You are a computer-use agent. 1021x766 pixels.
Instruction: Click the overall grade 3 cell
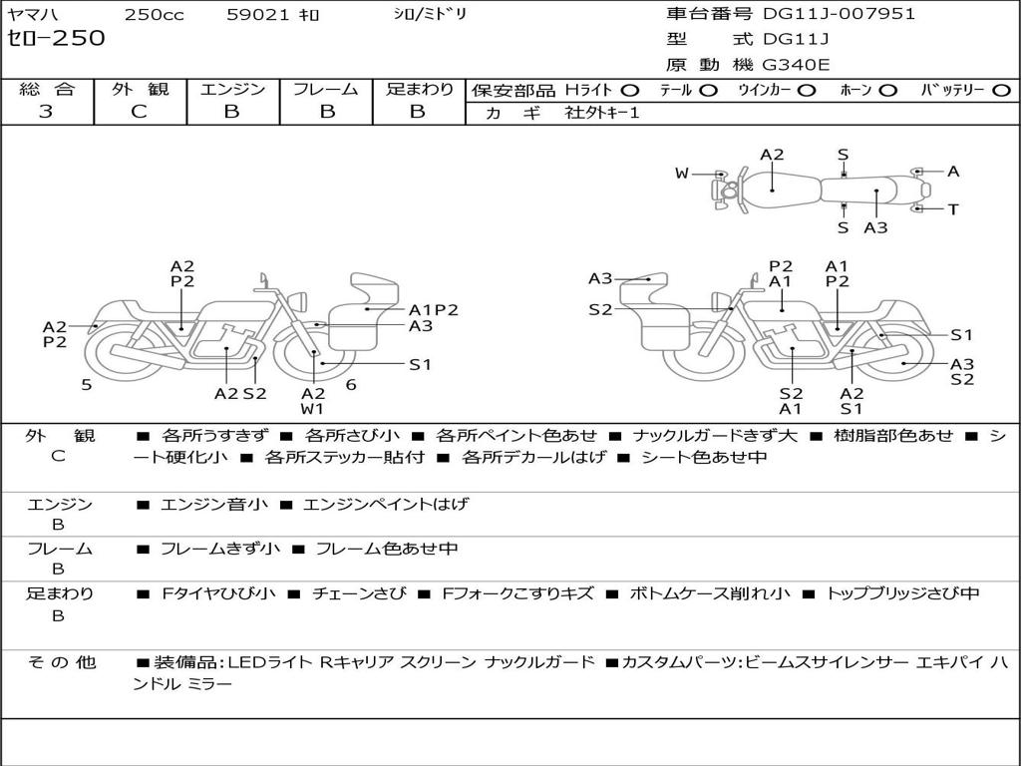[46, 112]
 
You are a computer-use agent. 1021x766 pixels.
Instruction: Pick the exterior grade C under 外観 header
[139, 112]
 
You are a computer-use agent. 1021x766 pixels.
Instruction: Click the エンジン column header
[232, 89]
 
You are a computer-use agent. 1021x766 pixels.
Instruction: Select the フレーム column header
[325, 89]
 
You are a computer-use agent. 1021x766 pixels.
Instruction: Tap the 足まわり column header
[419, 89]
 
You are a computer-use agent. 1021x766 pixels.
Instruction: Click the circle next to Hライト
[630, 90]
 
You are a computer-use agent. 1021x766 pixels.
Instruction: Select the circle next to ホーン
[888, 90]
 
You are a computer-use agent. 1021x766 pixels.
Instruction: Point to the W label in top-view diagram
[682, 174]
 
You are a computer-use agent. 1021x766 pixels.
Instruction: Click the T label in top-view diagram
[953, 209]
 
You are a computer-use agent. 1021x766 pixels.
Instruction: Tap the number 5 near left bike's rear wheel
[87, 384]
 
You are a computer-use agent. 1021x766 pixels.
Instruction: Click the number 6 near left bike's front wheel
[351, 384]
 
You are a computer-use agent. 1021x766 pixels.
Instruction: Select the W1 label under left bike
[313, 408]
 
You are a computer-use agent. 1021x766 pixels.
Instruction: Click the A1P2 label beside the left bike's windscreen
[434, 309]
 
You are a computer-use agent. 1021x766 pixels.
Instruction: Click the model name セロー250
[56, 39]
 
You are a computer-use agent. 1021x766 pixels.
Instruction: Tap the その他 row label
[60, 662]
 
